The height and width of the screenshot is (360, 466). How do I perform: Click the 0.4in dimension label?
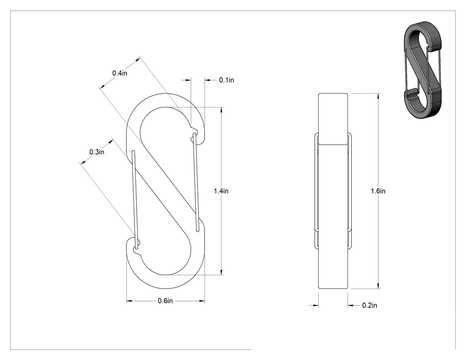pos(119,73)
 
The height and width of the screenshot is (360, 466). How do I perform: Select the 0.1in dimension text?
pos(226,80)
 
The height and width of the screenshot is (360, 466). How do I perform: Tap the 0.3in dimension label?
pos(97,152)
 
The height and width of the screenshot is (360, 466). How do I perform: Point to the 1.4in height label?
pos(221,191)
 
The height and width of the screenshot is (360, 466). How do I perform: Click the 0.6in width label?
pos(165,301)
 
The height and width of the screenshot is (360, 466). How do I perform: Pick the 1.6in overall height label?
pos(378,191)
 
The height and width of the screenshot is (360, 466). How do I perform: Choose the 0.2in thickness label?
pos(370,305)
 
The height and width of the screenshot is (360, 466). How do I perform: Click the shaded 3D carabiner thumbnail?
pos(423,70)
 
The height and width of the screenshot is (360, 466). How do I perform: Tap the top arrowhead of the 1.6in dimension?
pos(378,96)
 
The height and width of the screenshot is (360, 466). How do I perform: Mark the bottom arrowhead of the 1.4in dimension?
pos(221,272)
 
